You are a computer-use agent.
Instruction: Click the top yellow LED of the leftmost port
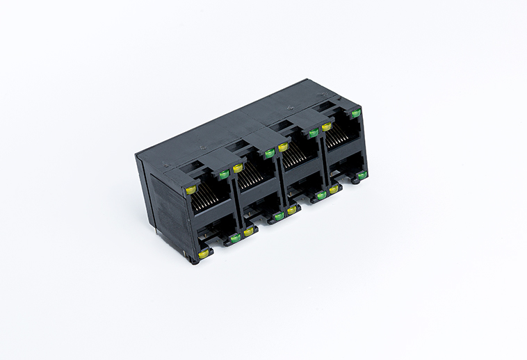pos(190,189)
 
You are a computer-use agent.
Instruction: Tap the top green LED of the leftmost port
pos(224,174)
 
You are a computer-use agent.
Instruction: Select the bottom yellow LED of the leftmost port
pos(202,254)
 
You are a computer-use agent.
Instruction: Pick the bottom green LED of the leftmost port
pos(235,238)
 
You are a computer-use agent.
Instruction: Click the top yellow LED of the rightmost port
pos(327,126)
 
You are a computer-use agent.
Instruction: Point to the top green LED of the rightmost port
pos(356,113)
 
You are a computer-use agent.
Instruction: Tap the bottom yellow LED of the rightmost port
pos(334,189)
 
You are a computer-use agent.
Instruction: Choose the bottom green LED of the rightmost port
pos(362,175)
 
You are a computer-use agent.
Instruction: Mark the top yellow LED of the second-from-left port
pos(238,168)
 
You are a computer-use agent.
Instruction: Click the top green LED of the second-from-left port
pos(269,154)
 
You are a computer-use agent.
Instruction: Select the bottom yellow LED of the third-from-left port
pos(292,209)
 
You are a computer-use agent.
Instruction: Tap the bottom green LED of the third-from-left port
pos(321,195)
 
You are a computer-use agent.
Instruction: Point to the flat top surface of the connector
pos(229,129)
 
